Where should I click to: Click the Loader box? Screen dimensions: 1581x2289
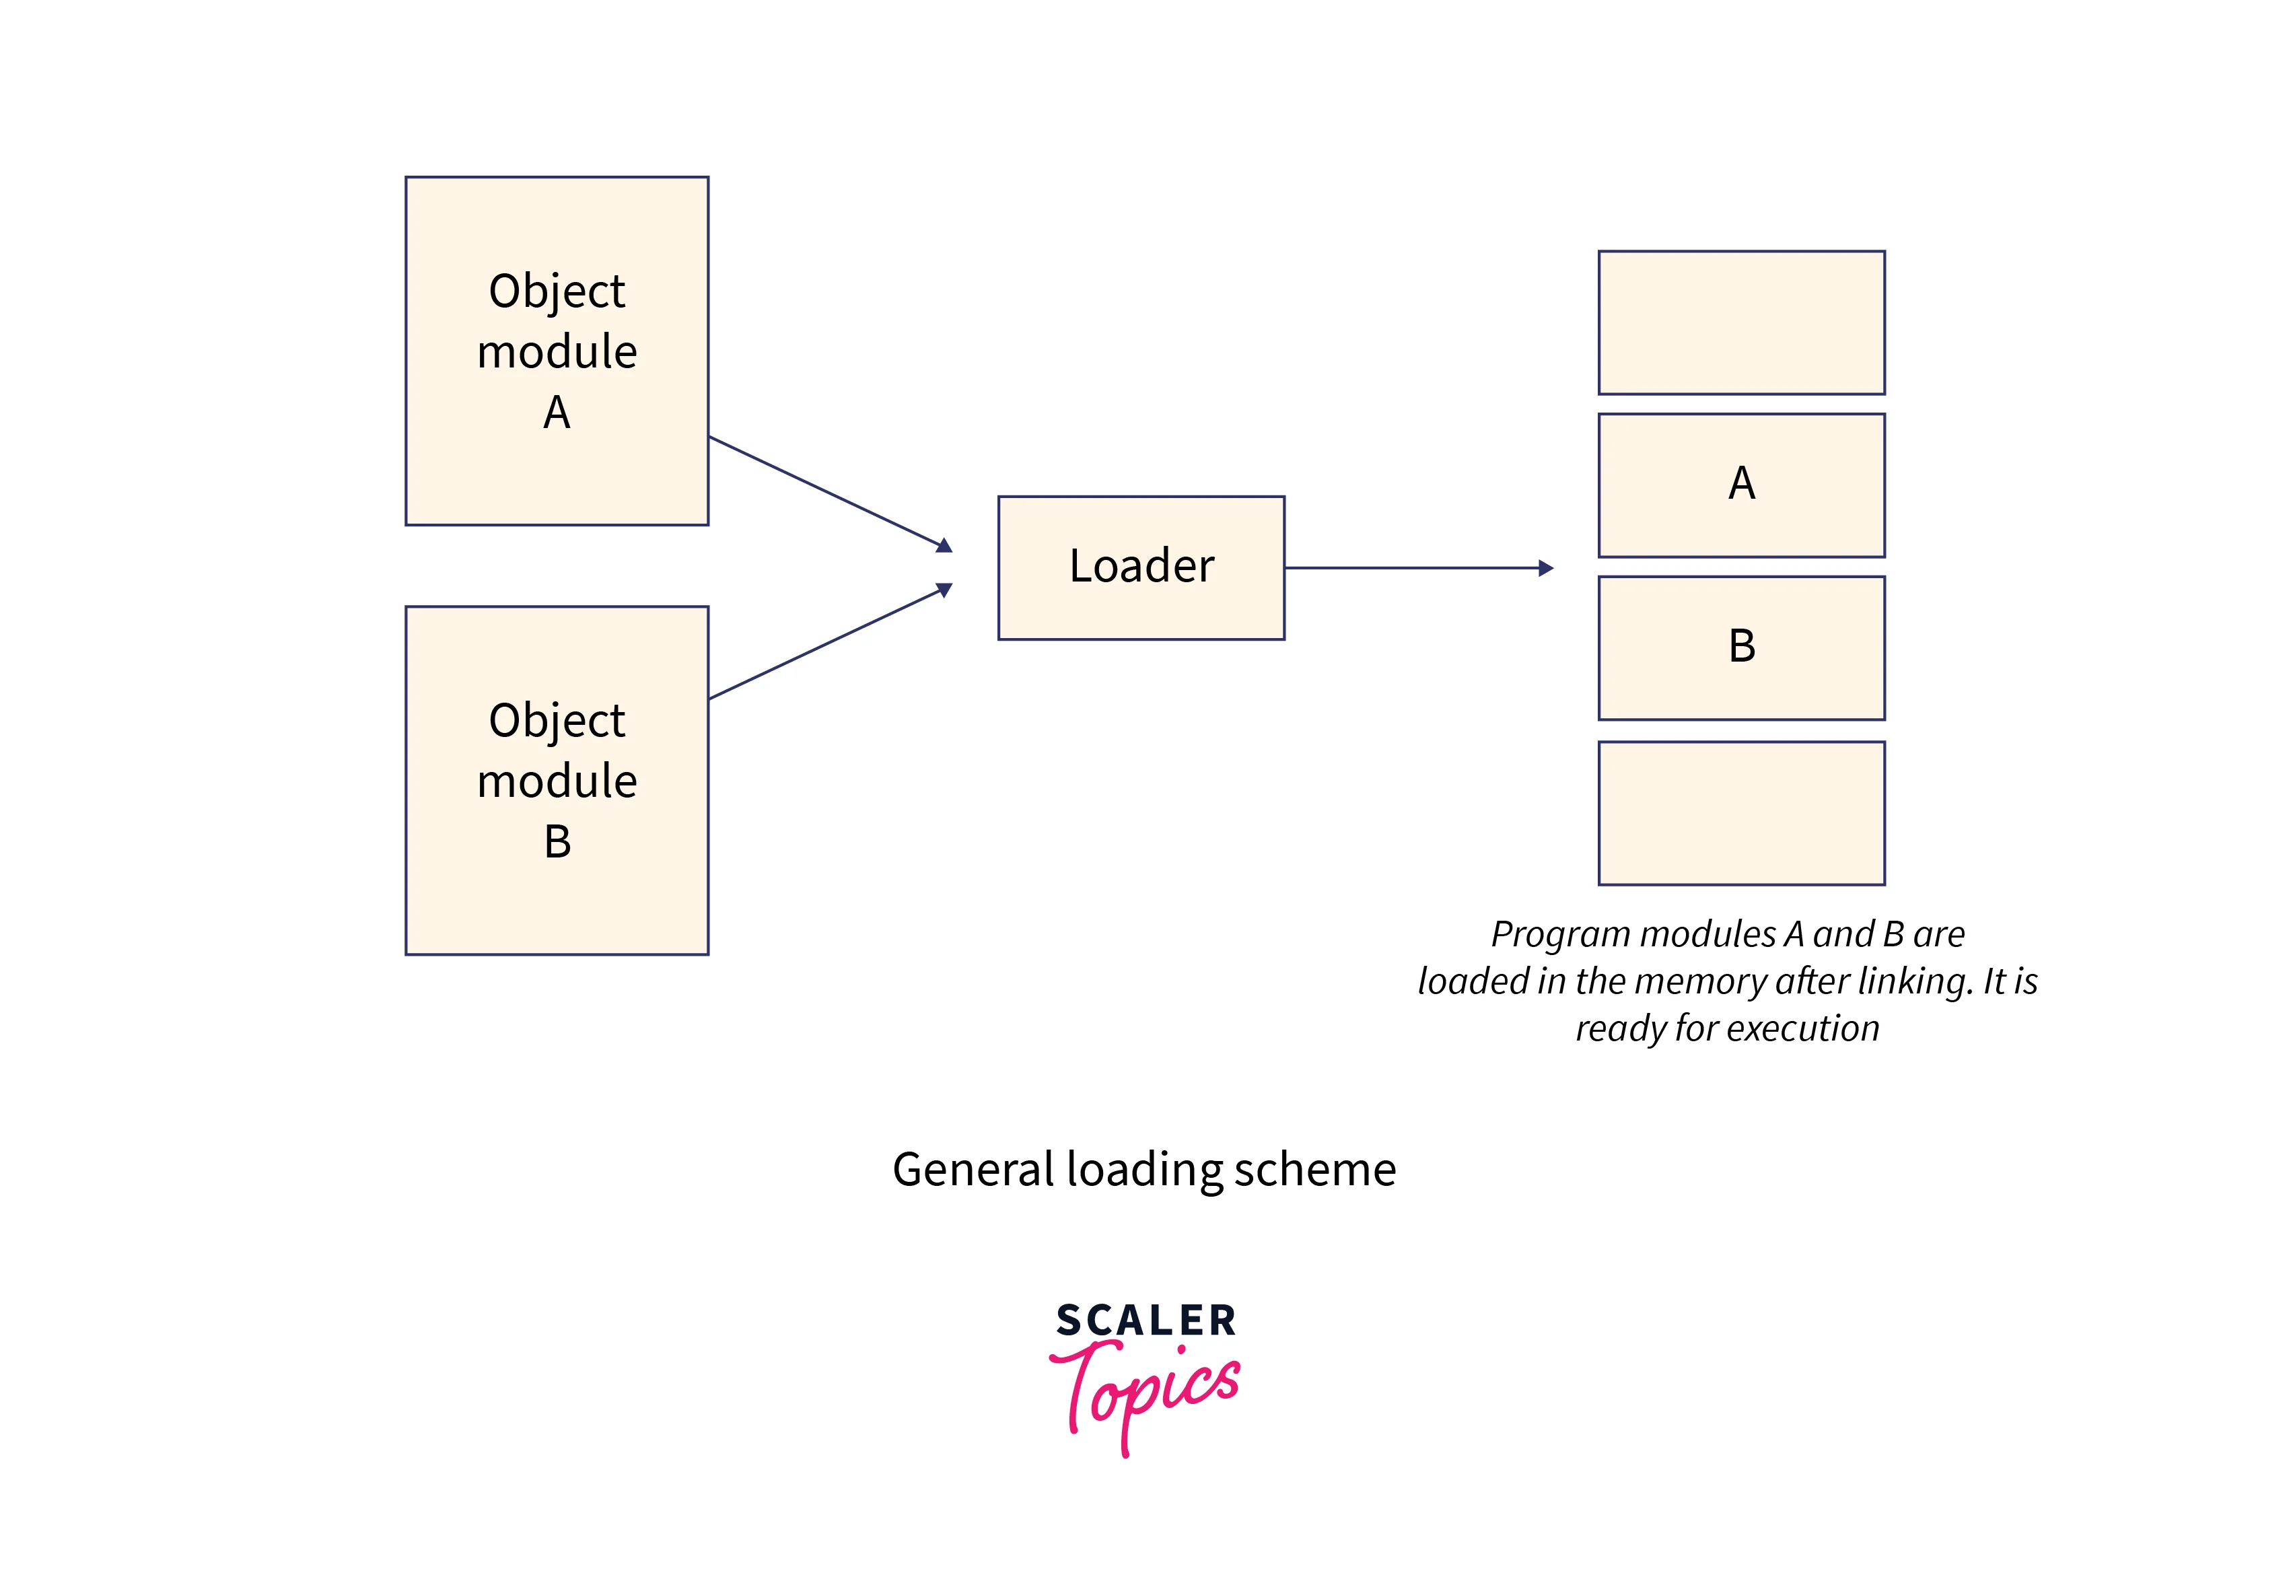pyautogui.click(x=1140, y=567)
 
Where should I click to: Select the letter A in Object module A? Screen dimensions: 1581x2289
pyautogui.click(x=557, y=412)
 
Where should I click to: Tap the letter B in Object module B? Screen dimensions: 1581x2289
pyautogui.click(x=558, y=842)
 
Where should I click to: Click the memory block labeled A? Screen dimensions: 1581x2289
pyautogui.click(x=1740, y=485)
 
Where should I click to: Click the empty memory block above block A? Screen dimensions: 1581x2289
pyautogui.click(x=1740, y=322)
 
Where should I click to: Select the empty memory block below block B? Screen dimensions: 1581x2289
pyautogui.click(x=1740, y=812)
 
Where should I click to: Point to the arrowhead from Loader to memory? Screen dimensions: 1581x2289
pyautogui.click(x=1545, y=567)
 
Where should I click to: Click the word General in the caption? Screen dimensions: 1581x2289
pyautogui.click(x=973, y=1170)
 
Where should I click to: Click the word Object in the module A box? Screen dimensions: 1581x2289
pyautogui.click(x=557, y=291)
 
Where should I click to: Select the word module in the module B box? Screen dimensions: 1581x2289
pyautogui.click(x=557, y=781)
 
